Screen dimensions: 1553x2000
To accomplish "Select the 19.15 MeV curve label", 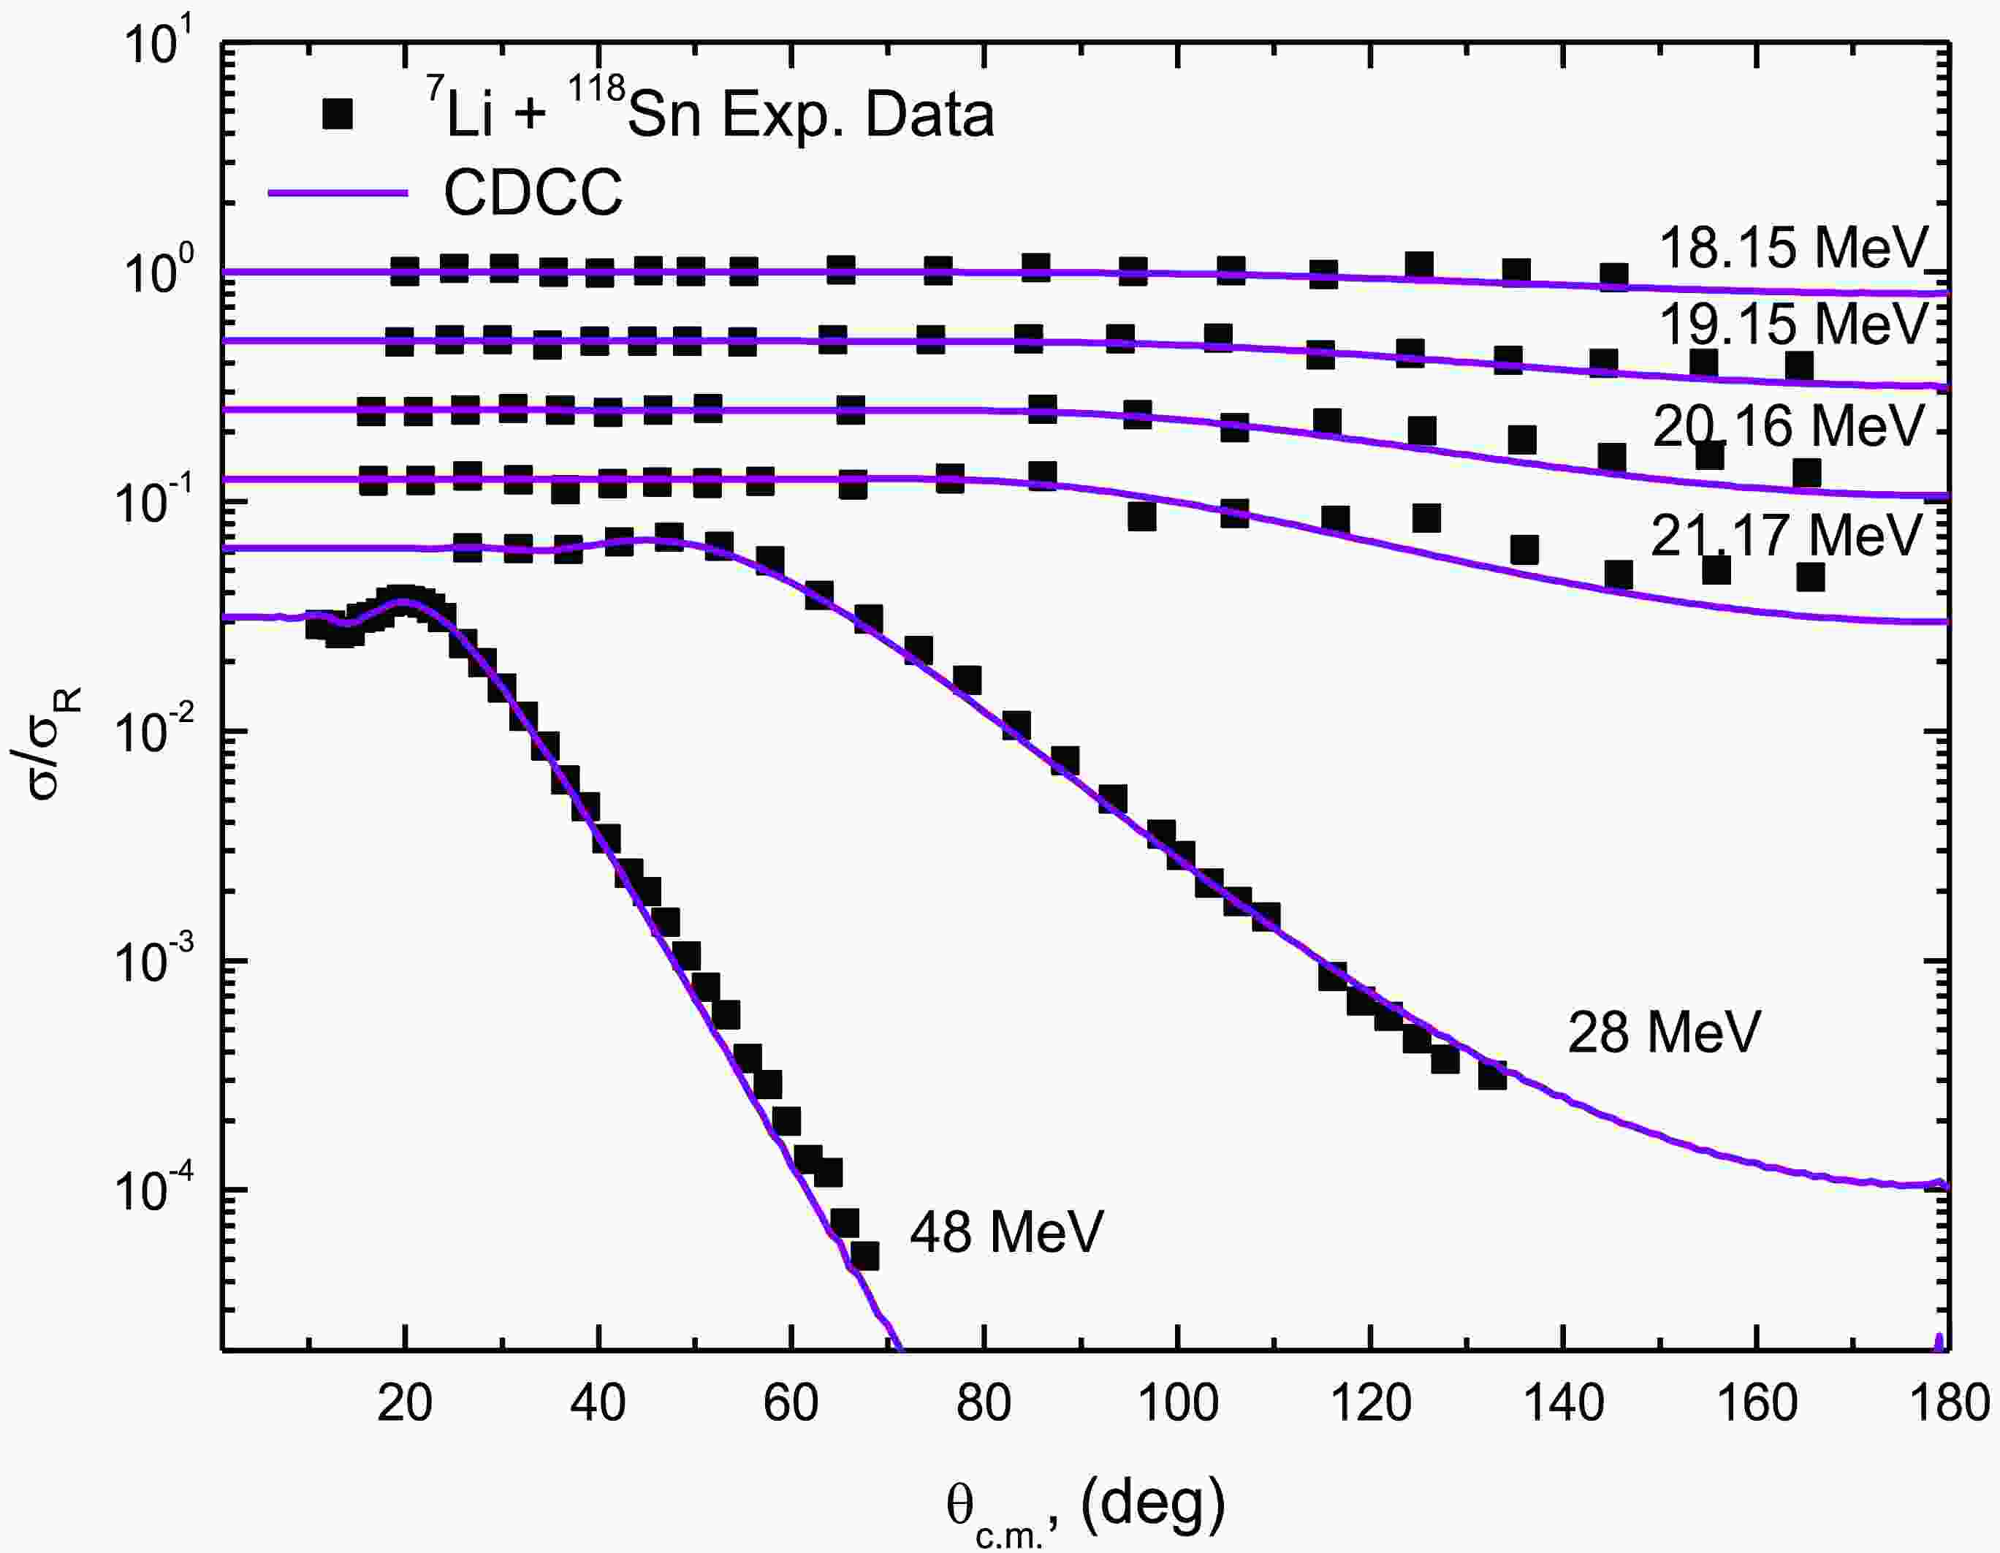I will tap(1793, 324).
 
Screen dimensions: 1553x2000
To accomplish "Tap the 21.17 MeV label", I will tap(1786, 535).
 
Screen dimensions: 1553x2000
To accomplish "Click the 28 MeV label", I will tap(1664, 1033).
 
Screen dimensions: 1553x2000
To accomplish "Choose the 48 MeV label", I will tap(1006, 1231).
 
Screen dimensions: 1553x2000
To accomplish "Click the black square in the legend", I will tap(338, 116).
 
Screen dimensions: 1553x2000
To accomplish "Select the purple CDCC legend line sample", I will tap(337, 192).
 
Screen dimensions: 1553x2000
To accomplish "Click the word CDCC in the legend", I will tap(533, 192).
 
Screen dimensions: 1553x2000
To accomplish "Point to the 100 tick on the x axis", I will tap(1176, 1404).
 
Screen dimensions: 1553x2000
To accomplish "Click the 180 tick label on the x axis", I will tap(1949, 1404).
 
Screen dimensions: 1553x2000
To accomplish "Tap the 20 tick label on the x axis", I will tap(404, 1404).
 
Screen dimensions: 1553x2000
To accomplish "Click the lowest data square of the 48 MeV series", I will tap(864, 1256).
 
